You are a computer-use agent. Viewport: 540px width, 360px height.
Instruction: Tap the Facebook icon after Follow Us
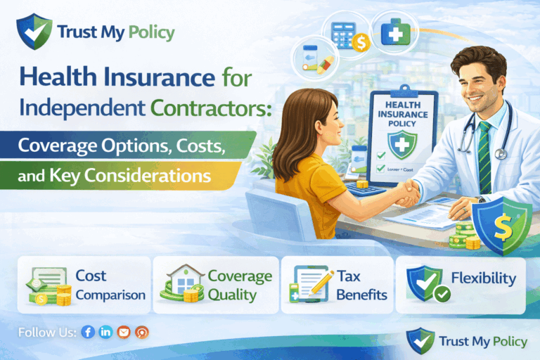[x=88, y=332]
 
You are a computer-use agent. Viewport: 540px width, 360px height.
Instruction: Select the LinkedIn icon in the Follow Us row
[x=105, y=332]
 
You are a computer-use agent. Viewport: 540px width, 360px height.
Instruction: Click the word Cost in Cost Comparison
[x=91, y=277]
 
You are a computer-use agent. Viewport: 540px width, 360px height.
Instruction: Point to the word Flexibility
[x=483, y=278]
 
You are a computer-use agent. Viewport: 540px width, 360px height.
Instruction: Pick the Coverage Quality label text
[x=238, y=284]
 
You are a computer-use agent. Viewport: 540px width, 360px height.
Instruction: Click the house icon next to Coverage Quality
[x=181, y=284]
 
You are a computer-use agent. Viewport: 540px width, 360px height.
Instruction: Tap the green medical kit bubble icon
[x=397, y=32]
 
